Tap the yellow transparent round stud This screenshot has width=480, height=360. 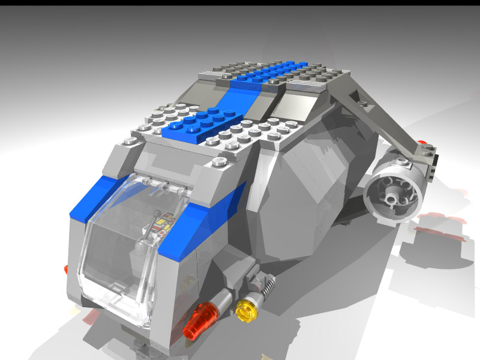pyautogui.click(x=245, y=310)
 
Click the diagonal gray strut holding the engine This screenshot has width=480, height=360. pyautogui.click(x=378, y=114)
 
